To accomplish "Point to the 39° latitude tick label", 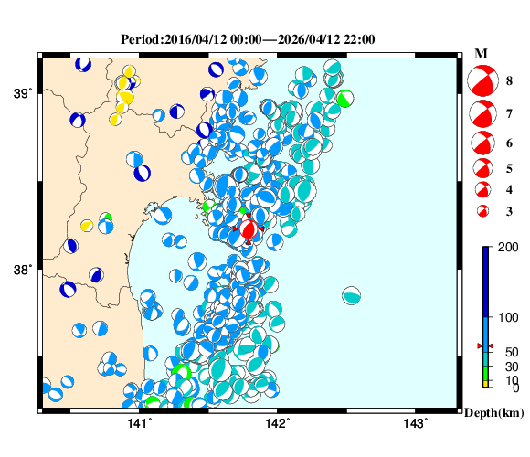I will (x=22, y=92).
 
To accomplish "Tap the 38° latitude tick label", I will (x=22, y=270).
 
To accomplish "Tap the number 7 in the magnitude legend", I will (x=509, y=113).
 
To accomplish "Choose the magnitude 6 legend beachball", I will (x=481, y=143).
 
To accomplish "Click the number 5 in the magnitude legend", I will (x=509, y=168).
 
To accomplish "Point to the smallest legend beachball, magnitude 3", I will (x=481, y=211).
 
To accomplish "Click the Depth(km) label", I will (x=493, y=413).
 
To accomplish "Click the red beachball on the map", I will (x=248, y=228).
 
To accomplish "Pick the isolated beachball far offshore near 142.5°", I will (x=352, y=295).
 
